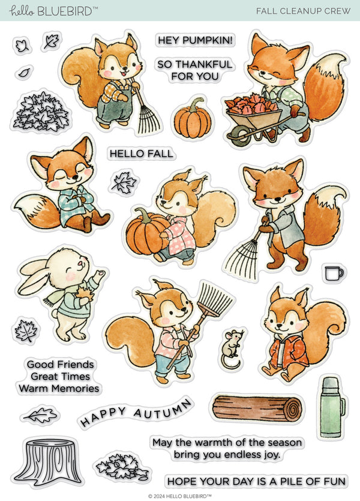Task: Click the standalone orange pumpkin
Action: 193,120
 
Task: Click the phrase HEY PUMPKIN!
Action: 195,40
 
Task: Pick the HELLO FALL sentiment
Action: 141,154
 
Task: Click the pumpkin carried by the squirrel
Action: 147,231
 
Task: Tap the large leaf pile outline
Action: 41,112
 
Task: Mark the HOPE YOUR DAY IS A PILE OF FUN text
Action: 256,481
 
